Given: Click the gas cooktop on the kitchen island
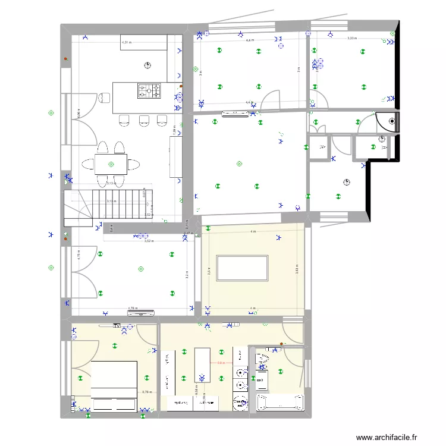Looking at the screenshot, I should pos(150,90).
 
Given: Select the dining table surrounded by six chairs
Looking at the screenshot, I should pos(111,164).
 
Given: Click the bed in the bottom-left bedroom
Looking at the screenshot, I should pos(114,386).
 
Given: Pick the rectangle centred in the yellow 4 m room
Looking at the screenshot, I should pos(243,268).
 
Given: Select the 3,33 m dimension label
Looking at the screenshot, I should pos(351,38).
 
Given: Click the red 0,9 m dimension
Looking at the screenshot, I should pos(219,363).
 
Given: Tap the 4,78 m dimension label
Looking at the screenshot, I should pos(133,309).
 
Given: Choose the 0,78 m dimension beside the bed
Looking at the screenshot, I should pos(147,392).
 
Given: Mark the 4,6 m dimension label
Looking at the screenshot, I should pos(250,40).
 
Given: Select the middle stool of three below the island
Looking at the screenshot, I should pos(143,121).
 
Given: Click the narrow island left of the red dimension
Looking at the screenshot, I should pos(202,365).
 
